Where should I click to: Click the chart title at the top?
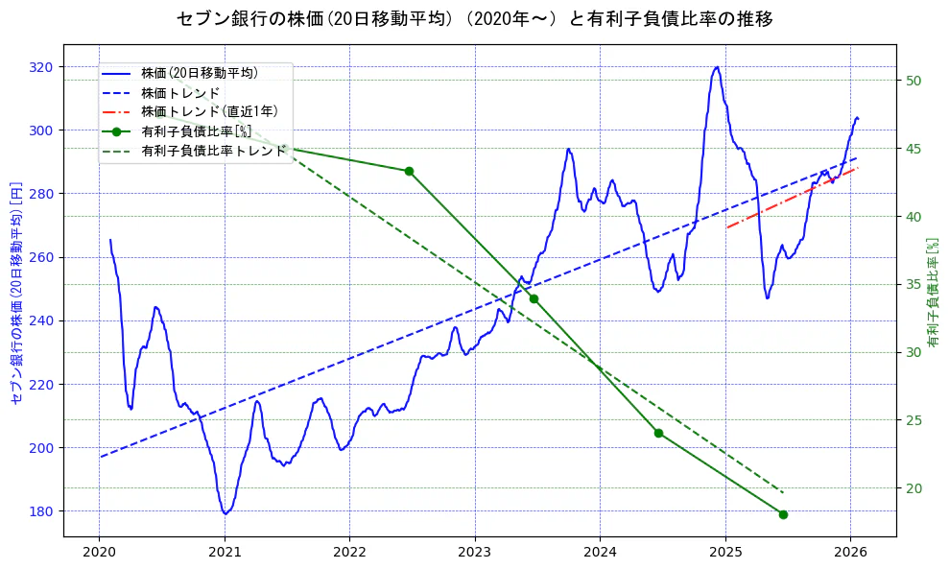click(x=474, y=19)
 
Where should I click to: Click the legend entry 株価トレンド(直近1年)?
click(x=209, y=111)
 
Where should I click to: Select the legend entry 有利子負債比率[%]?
click(x=196, y=131)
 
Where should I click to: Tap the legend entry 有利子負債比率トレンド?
click(x=214, y=151)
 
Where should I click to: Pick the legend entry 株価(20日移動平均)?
click(x=199, y=72)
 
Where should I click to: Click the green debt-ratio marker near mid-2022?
click(x=409, y=171)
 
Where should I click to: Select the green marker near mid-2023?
click(x=534, y=298)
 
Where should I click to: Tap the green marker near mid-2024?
click(x=658, y=433)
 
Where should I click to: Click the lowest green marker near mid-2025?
click(x=783, y=514)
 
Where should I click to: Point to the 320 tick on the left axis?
click(x=43, y=67)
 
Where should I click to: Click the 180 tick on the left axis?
click(x=43, y=511)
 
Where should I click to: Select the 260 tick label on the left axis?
click(x=43, y=257)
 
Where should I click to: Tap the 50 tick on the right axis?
click(x=913, y=81)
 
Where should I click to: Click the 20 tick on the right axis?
click(x=913, y=488)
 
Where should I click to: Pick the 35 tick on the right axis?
click(x=913, y=284)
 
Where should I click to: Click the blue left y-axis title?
click(x=16, y=293)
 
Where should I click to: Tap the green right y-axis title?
click(x=933, y=293)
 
